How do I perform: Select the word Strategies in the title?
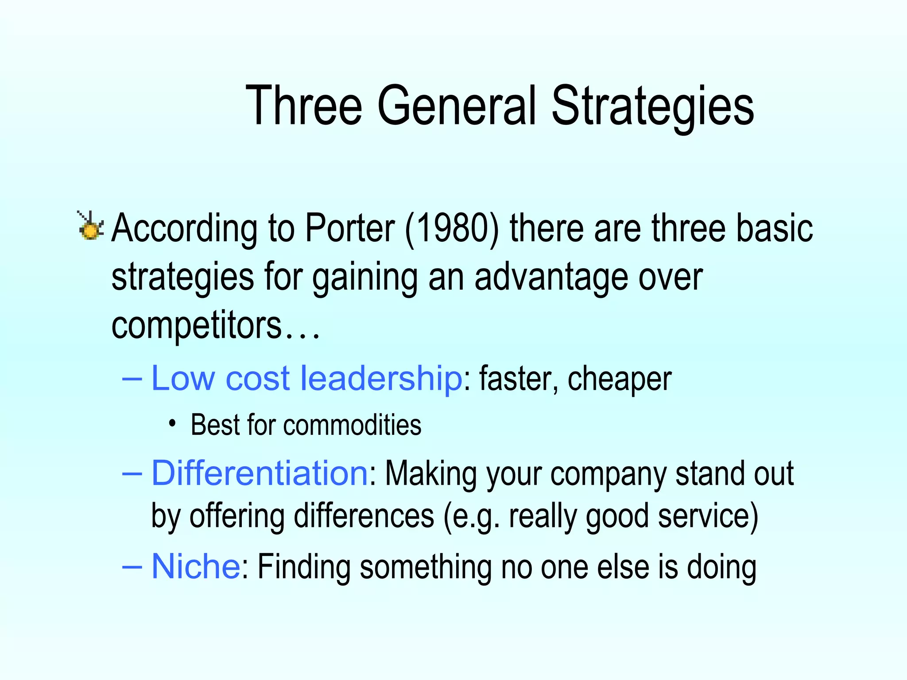coord(652,107)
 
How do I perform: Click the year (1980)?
coord(452,229)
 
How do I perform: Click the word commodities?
coord(352,425)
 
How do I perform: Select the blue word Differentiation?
coord(260,473)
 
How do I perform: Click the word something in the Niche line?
coord(425,567)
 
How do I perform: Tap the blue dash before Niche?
coord(132,566)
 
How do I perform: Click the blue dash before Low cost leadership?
coord(132,379)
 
